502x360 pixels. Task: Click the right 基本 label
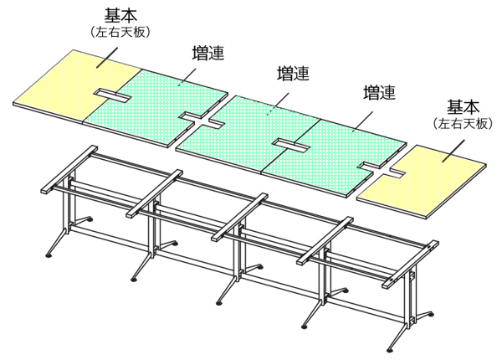tap(463, 107)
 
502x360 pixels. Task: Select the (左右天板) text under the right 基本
tap(463, 123)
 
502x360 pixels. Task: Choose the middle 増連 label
tap(293, 74)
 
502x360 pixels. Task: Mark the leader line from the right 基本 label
tap(450, 146)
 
